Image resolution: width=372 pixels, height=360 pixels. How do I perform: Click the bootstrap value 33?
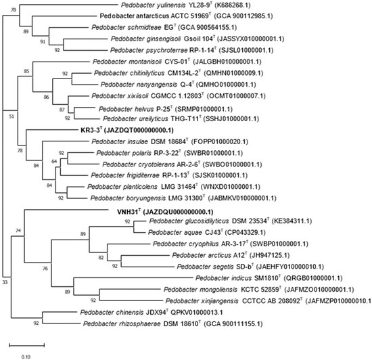6,279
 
